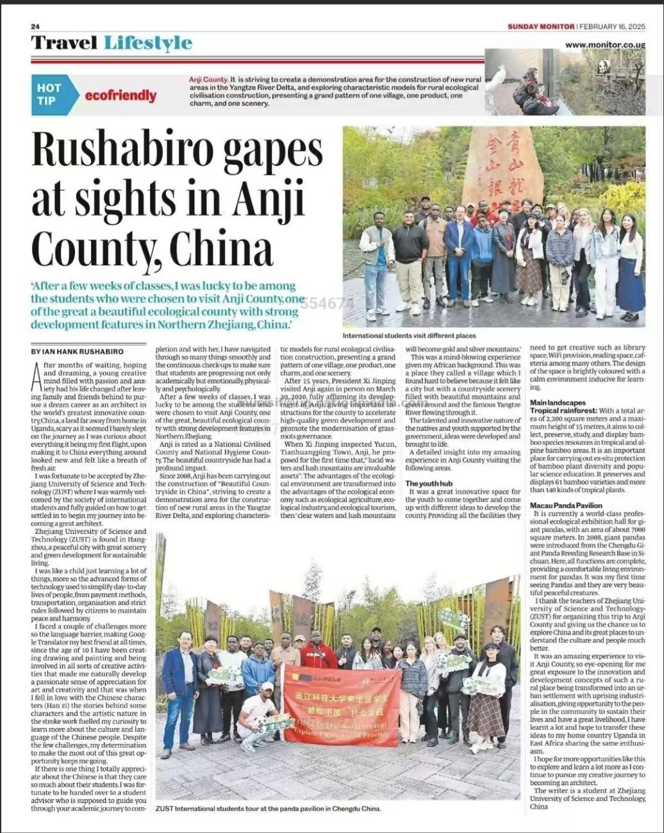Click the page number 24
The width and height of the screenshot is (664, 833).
pos(35,26)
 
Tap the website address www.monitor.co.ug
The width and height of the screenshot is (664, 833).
pos(604,45)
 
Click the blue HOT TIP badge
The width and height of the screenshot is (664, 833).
pos(49,94)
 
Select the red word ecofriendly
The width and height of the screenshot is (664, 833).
pos(120,95)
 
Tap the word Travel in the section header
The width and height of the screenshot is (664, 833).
pos(64,43)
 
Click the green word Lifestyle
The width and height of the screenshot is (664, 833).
pos(148,43)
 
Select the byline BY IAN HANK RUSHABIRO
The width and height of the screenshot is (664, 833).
pos(77,351)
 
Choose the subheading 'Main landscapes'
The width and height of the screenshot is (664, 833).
pos(558,402)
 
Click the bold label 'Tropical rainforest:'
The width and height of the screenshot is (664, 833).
pos(563,410)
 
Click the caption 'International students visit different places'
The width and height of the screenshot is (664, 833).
pos(409,336)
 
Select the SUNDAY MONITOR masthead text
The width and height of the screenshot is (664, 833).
pos(541,26)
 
